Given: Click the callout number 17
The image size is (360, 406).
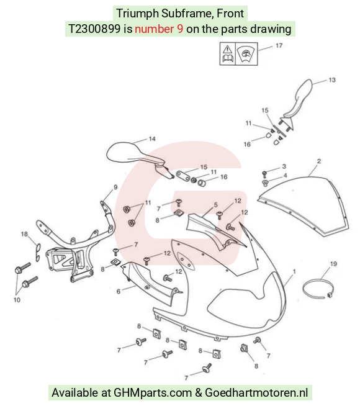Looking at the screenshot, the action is pos(279,45).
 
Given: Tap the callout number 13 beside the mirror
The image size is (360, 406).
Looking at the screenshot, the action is pos(332,80).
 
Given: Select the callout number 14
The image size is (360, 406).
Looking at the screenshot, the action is pos(152,139).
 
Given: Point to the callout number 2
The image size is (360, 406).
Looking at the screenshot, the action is pos(319,161).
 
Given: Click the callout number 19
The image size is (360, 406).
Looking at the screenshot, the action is pos(333,264).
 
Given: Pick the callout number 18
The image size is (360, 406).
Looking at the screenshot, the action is pos(24,234).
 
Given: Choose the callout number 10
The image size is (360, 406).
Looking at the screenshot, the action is pos(17,300).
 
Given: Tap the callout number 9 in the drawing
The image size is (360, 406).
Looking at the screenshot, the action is pos(115,187).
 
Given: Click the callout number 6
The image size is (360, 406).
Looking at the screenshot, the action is pos(119,292).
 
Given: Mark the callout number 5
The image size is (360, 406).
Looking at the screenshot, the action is pos(215,205).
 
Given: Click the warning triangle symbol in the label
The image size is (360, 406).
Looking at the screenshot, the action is pos(227,49).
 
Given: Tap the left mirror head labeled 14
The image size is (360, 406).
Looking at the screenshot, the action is pos(122,152).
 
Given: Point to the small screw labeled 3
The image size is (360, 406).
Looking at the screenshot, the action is pos(264,173).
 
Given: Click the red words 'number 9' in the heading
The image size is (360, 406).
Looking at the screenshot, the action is pos(159,29).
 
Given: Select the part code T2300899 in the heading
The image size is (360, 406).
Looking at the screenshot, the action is pos(94,29).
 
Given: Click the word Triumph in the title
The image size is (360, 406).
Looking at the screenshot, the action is pos(137,14).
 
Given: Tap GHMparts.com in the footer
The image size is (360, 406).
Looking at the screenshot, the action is pos(153,392).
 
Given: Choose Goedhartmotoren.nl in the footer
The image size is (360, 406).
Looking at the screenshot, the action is pos(256,392).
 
